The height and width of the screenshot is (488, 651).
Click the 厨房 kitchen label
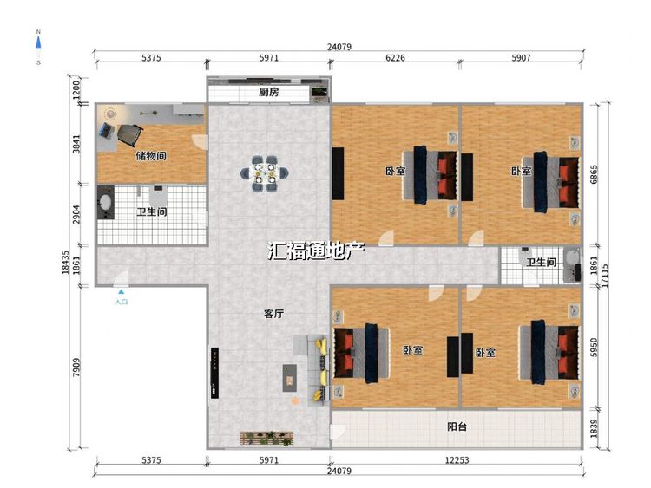coord(268,92)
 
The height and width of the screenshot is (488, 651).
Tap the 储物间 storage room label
coord(151,156)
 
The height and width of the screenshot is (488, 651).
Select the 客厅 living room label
coord(274,314)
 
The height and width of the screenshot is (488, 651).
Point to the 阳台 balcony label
coord(457,426)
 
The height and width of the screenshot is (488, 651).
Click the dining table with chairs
coord(265,173)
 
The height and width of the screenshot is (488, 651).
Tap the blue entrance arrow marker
coord(121,292)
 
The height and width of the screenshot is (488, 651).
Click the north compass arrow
coord(38,42)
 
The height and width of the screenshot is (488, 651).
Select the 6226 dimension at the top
coord(395,57)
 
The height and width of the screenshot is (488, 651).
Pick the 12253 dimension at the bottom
coord(457,459)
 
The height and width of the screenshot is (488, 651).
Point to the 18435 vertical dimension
coord(66,262)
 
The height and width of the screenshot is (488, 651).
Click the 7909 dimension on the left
coord(76,368)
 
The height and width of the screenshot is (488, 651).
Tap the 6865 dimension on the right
coord(594,174)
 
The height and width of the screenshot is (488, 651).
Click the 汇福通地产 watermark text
coord(316,251)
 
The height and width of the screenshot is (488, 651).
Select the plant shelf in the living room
coord(266,439)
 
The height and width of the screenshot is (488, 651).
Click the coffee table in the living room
coord(290,378)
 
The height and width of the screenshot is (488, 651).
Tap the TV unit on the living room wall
coord(214,374)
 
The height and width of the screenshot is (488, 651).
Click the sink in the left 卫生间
coord(105,202)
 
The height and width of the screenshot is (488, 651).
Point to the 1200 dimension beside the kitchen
coord(76,89)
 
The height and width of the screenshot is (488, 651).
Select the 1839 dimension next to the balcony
coord(594,428)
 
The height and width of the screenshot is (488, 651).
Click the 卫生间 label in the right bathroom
coord(542,262)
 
